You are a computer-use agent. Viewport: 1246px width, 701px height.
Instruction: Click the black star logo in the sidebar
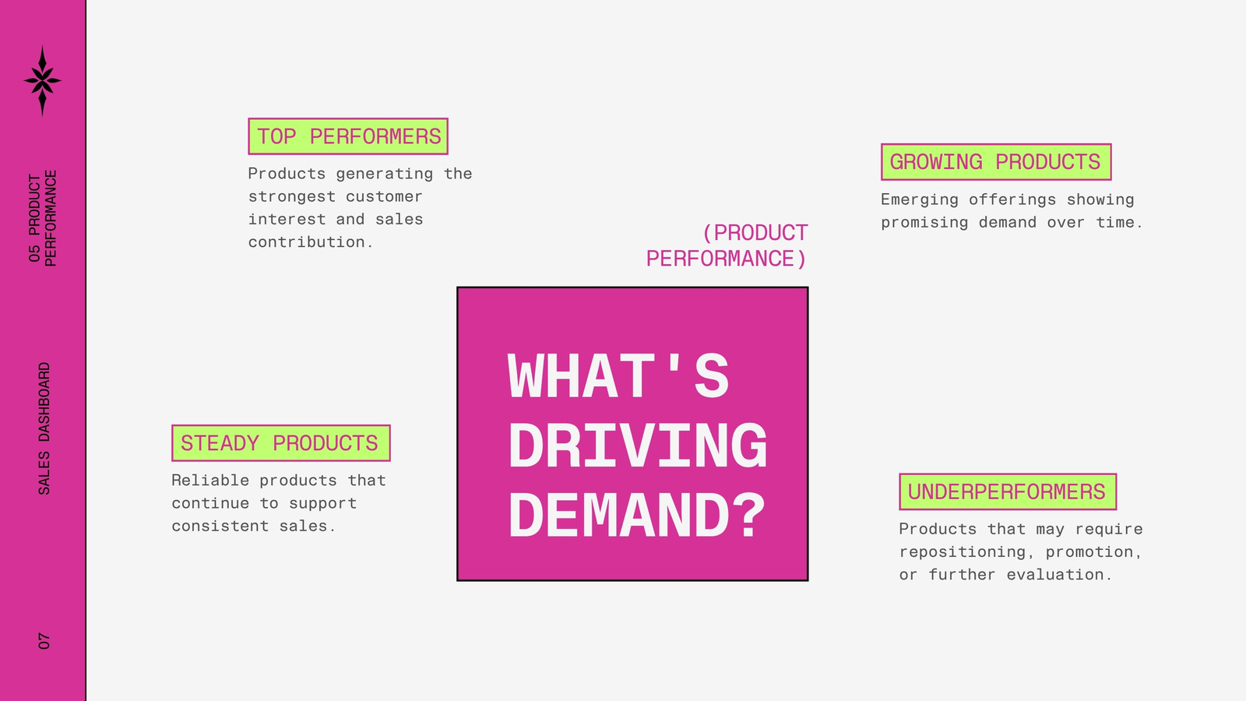(42, 81)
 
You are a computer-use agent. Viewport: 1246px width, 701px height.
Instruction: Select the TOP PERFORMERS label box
(348, 136)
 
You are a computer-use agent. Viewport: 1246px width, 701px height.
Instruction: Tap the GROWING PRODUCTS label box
(996, 162)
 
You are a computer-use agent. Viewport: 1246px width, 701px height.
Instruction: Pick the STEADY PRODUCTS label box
(281, 443)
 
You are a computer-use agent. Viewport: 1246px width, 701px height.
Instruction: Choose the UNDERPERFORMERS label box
(1008, 491)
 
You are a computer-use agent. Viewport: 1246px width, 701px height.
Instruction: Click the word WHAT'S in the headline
(618, 377)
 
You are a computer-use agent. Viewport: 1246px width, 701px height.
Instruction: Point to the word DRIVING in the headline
(638, 446)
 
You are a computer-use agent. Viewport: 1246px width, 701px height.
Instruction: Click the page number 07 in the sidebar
(44, 641)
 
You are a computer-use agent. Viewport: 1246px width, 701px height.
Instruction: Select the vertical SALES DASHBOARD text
(44, 429)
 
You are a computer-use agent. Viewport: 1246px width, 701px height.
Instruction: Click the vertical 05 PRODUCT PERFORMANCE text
(42, 218)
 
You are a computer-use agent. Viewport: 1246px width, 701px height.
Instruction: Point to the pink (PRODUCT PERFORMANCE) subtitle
(727, 245)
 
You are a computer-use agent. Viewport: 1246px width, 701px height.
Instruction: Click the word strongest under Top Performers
(291, 197)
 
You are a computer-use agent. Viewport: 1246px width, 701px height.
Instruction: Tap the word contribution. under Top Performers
(311, 242)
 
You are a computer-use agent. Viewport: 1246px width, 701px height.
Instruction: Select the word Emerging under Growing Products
(920, 199)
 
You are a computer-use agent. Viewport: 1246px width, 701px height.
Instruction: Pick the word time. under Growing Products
(1119, 223)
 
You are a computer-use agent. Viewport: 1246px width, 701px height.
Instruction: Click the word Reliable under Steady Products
(210, 480)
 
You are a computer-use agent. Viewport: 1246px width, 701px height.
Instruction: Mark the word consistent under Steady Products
(220, 526)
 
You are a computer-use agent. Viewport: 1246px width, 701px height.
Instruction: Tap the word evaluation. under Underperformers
(1059, 575)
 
